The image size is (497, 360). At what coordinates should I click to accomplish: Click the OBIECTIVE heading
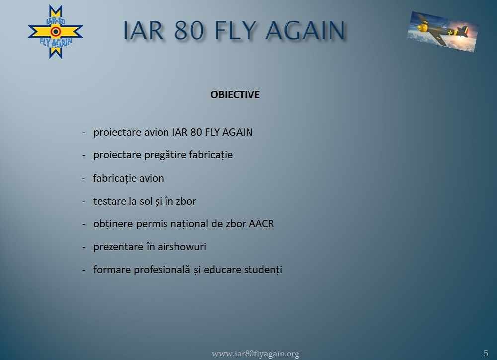(x=235, y=95)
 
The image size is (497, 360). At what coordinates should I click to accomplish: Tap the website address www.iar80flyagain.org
(x=255, y=354)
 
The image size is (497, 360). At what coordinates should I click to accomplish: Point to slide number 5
(x=486, y=353)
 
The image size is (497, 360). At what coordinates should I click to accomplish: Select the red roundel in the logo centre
(x=56, y=31)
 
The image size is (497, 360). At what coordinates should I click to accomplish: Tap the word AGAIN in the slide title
(x=305, y=30)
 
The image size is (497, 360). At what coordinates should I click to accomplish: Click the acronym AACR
(x=261, y=224)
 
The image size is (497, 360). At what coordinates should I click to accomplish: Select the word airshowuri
(x=181, y=247)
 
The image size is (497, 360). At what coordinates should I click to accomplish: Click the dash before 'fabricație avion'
(x=83, y=179)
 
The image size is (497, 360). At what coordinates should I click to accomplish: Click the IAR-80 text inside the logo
(x=56, y=21)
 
